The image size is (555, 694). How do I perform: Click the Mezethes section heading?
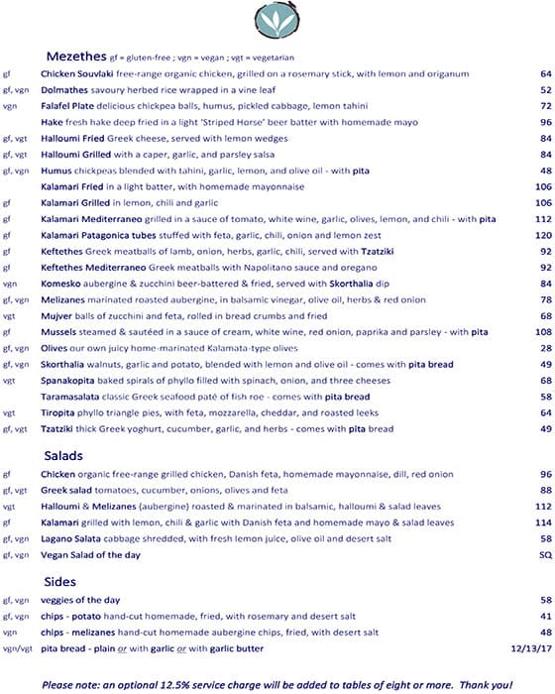(x=74, y=56)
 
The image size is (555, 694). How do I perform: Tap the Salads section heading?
(x=63, y=455)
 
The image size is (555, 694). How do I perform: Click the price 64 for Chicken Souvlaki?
(x=545, y=73)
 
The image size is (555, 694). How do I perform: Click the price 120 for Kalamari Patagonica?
(x=542, y=235)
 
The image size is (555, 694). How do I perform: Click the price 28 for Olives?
(x=545, y=348)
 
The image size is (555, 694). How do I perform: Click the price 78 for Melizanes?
(x=545, y=299)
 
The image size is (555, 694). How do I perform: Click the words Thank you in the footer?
(x=490, y=683)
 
